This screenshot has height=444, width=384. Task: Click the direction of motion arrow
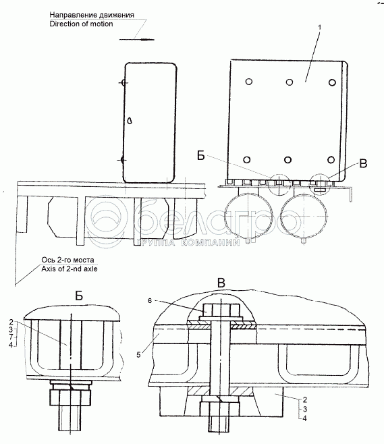(137, 39)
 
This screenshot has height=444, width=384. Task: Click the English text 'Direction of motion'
(81, 24)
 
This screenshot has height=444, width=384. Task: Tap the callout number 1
(319, 28)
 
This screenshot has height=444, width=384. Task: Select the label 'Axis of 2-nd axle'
(70, 269)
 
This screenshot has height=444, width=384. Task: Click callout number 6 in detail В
(150, 301)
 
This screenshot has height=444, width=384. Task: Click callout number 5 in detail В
(138, 355)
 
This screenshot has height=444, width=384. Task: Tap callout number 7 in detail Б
(11, 337)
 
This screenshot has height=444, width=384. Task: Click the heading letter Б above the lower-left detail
(79, 296)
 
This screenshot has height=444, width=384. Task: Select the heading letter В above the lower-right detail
(221, 283)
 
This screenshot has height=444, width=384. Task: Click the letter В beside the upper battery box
(363, 164)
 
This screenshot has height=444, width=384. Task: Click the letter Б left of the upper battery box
(201, 155)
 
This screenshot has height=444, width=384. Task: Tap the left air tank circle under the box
(247, 215)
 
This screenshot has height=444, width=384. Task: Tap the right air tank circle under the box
(304, 215)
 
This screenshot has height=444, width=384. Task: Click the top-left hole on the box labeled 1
(249, 82)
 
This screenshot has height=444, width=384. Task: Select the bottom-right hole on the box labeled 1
(331, 159)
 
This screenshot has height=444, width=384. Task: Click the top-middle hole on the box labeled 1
(289, 82)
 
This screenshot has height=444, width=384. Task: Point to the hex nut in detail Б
(70, 397)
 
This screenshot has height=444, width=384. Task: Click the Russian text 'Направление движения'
(92, 15)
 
